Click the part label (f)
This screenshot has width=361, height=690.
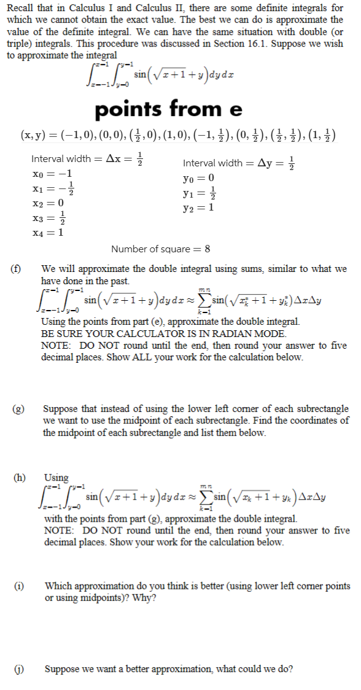14,269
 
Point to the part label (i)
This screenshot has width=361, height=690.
14,586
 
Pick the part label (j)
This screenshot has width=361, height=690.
14,669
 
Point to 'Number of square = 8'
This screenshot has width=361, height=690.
161,249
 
